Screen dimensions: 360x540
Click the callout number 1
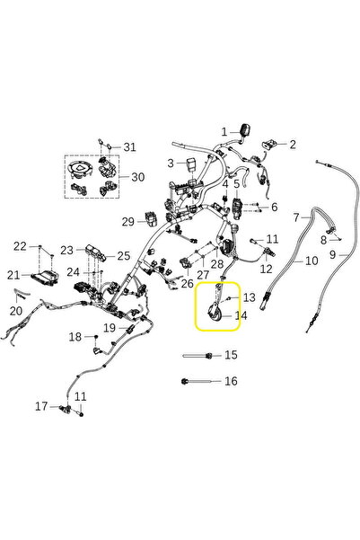[224, 132]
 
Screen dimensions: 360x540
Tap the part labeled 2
[270, 144]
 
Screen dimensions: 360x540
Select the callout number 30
[137, 177]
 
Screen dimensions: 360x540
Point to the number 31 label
[130, 147]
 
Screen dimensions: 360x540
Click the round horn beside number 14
[215, 309]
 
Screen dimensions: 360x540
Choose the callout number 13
[250, 297]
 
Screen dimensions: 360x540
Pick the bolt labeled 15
[198, 356]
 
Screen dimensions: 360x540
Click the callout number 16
[231, 381]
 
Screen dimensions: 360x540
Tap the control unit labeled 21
[45, 278]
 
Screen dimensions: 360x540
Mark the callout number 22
[20, 246]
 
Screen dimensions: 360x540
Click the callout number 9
[332, 255]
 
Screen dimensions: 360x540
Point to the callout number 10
[312, 261]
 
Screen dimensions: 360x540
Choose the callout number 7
[296, 217]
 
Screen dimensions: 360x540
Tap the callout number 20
[16, 311]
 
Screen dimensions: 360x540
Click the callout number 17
[41, 406]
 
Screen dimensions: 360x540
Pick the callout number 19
[110, 328]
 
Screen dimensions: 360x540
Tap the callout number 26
[188, 283]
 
